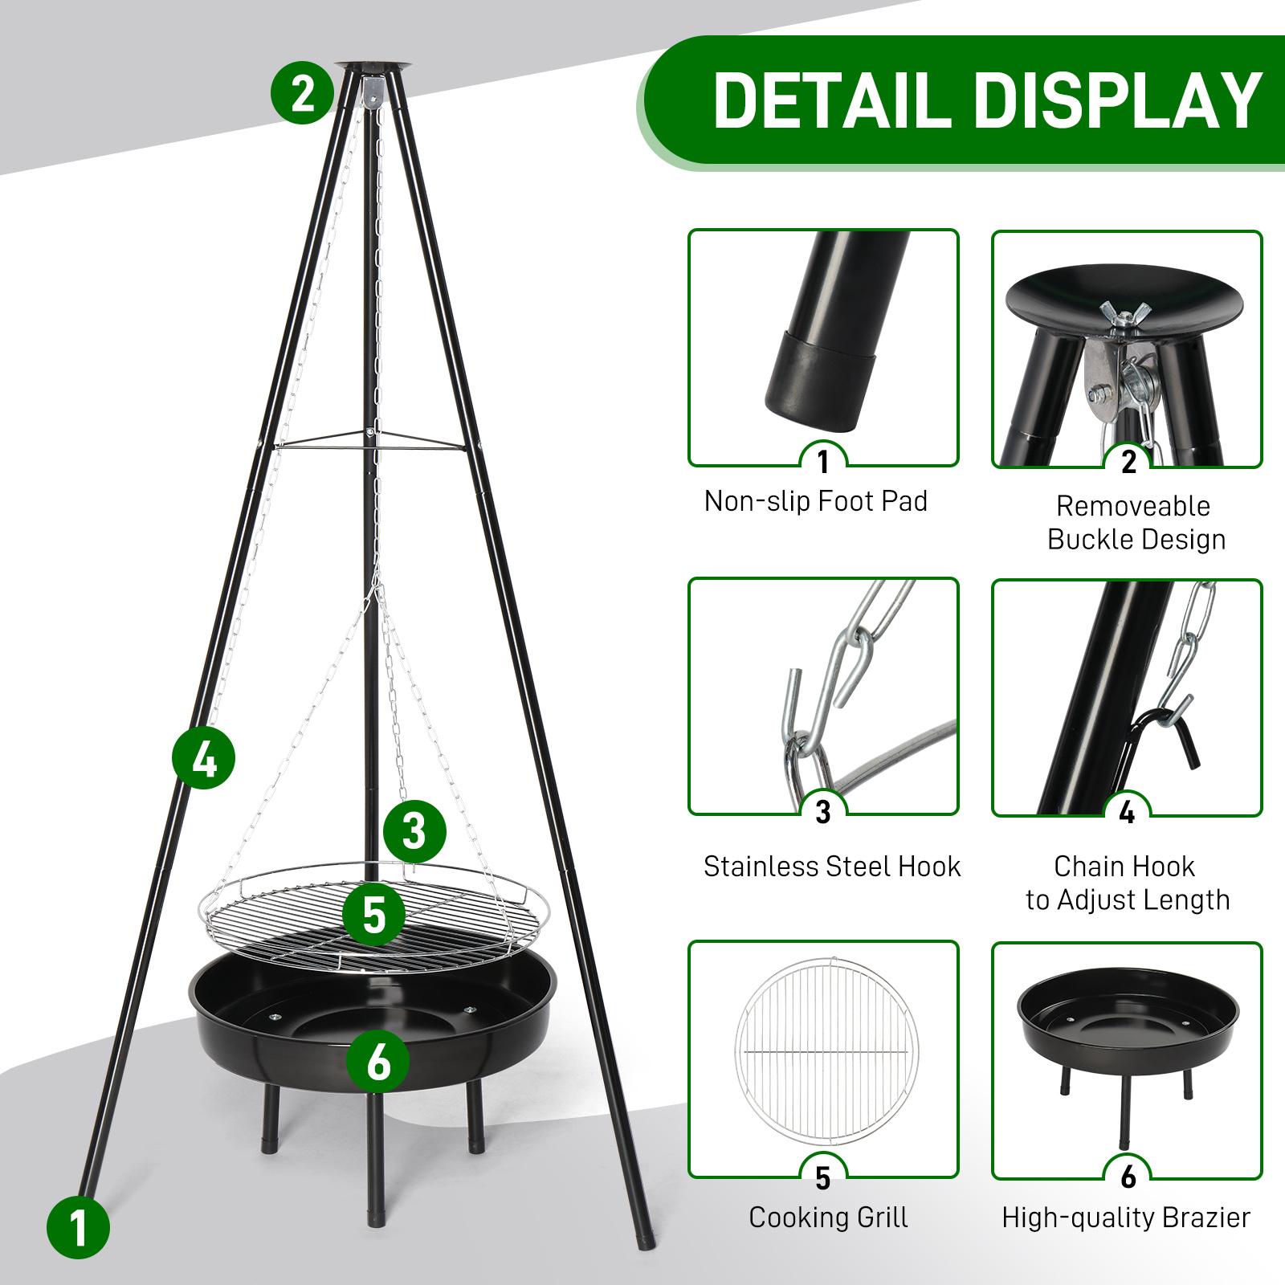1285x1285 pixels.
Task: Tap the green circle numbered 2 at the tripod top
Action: point(302,94)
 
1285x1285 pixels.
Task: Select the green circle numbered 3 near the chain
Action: point(414,831)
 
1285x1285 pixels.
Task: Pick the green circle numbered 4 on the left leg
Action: point(204,758)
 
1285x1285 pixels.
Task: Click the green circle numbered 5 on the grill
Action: point(373,915)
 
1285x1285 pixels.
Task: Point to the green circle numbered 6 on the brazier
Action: point(377,1061)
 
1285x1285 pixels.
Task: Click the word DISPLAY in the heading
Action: point(1124,100)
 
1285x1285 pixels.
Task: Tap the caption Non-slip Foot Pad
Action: point(815,501)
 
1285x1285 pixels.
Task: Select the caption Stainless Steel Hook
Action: point(831,867)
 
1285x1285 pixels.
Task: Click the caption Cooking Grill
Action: point(828,1218)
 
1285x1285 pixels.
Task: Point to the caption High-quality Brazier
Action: point(1126,1218)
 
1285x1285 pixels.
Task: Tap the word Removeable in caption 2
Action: point(1132,506)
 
